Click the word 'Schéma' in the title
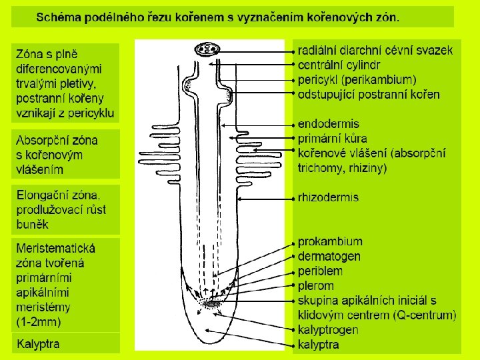(x=59, y=17)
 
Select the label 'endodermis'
(x=328, y=124)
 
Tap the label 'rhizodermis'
(x=328, y=197)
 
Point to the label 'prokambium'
(x=330, y=242)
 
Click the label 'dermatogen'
(x=329, y=257)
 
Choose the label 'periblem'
(x=320, y=271)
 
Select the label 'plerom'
(x=316, y=286)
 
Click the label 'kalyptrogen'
(x=328, y=330)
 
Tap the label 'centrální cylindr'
(x=339, y=65)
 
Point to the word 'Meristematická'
(x=56, y=248)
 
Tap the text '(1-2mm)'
(x=39, y=322)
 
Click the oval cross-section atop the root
(x=209, y=49)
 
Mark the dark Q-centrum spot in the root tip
(x=213, y=305)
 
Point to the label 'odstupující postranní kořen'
(x=369, y=94)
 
